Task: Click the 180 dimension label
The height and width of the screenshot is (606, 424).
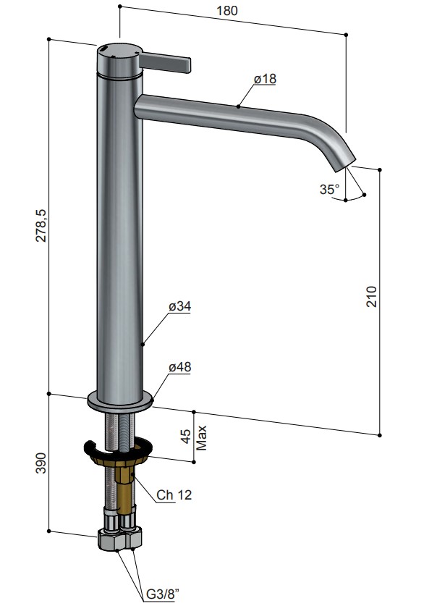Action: click(x=227, y=10)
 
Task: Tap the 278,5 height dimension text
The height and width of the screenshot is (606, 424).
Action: click(x=41, y=226)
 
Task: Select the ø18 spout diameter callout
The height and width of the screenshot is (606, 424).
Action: click(x=265, y=78)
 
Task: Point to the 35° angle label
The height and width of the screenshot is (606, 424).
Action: click(x=329, y=189)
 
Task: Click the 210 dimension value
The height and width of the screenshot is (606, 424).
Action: click(x=371, y=296)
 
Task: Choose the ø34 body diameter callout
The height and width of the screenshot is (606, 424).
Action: click(x=179, y=306)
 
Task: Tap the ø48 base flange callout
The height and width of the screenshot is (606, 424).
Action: click(x=179, y=367)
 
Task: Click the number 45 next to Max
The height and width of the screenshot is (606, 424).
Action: click(x=186, y=437)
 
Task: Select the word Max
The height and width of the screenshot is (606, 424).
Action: click(x=202, y=438)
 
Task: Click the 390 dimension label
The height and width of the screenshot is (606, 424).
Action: click(x=41, y=463)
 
